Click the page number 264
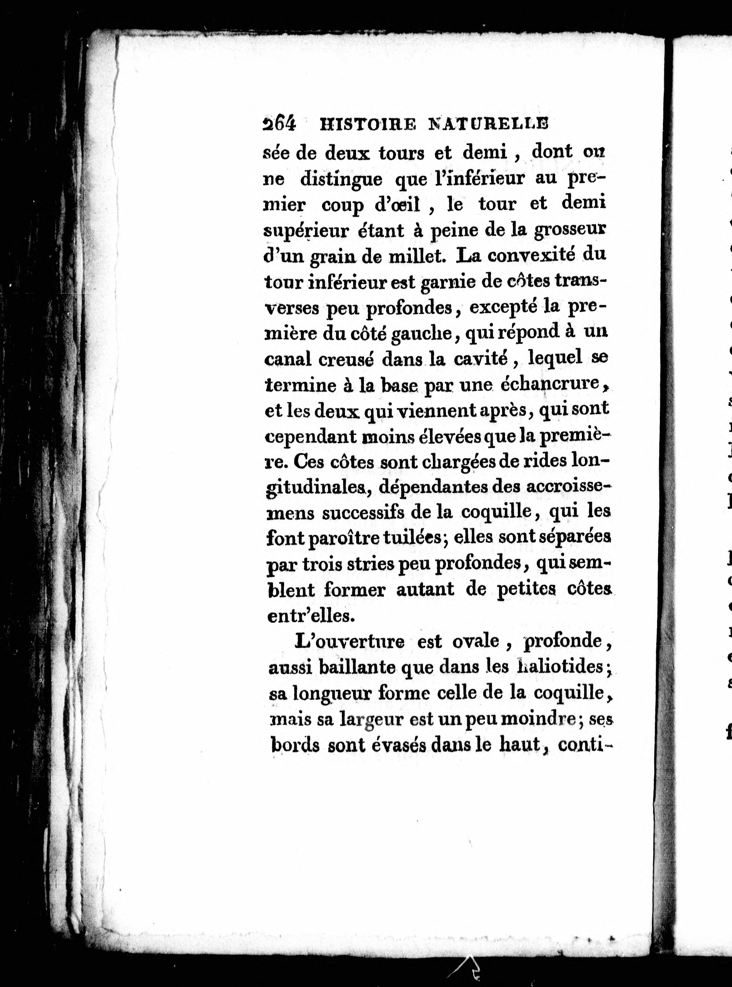pyautogui.click(x=279, y=124)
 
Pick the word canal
pyautogui.click(x=288, y=359)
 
